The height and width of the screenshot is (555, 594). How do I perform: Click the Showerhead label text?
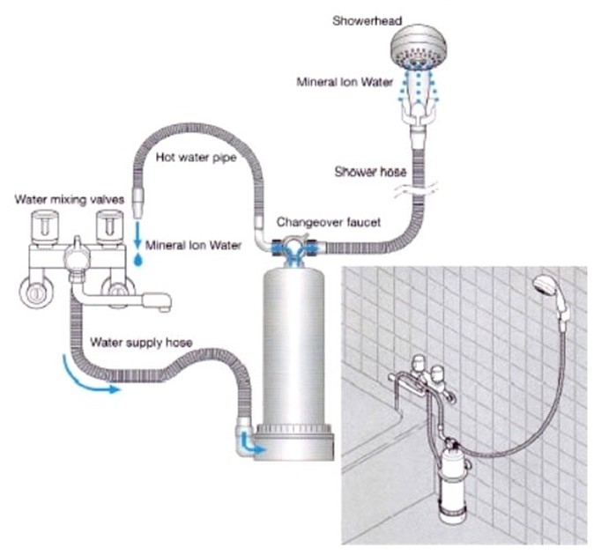coord(367,20)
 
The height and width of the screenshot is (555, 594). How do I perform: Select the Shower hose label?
coord(370,173)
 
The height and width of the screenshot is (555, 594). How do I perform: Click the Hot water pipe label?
coord(197,157)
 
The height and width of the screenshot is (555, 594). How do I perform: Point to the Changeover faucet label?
coord(329,222)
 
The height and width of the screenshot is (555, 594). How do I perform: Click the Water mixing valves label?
coord(70,199)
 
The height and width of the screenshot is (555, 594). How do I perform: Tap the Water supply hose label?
coord(141,343)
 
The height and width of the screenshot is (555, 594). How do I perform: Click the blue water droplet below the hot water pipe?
coord(138,259)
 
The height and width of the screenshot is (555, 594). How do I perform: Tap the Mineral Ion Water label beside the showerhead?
coord(345,82)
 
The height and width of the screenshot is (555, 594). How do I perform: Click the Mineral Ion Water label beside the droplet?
coord(193,245)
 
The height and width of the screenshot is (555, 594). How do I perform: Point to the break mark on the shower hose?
coord(416,189)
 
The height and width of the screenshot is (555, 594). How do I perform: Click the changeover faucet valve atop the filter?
coord(294,248)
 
